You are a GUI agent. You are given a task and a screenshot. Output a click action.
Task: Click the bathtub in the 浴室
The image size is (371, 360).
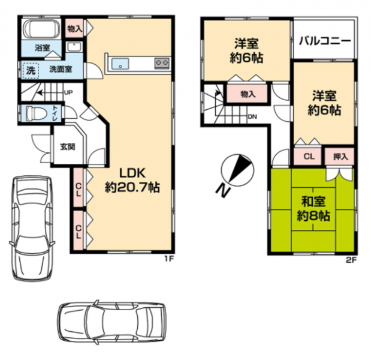[x=42, y=29]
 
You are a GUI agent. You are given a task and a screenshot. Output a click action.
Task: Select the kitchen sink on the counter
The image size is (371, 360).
[x=120, y=64]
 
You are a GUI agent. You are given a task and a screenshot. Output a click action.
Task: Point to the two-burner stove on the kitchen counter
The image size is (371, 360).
[x=162, y=63]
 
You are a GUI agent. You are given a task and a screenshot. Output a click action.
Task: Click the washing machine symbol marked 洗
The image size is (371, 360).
[x=31, y=70]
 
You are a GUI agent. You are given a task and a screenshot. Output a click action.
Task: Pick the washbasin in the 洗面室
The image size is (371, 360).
[x=74, y=47]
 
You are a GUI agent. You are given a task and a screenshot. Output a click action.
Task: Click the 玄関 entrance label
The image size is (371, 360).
[x=68, y=146]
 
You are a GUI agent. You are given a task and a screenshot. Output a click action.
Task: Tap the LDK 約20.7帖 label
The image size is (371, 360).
[x=132, y=180]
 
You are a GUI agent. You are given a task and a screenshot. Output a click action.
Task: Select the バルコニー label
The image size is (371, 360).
[x=324, y=41]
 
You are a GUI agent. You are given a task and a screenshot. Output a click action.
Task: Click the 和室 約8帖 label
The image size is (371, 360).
[x=313, y=208]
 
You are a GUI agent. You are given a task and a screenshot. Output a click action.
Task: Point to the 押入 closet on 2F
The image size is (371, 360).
[x=339, y=157]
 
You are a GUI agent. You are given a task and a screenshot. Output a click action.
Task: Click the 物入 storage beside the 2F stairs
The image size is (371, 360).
[x=248, y=94]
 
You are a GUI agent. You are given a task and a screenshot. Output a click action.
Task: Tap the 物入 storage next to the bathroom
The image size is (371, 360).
[x=75, y=29]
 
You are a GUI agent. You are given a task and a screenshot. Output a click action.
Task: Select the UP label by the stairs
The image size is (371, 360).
[x=68, y=92]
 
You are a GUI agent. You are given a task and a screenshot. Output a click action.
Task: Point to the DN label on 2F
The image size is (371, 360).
[x=252, y=116]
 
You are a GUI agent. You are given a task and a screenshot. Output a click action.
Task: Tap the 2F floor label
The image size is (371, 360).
[x=351, y=260]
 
